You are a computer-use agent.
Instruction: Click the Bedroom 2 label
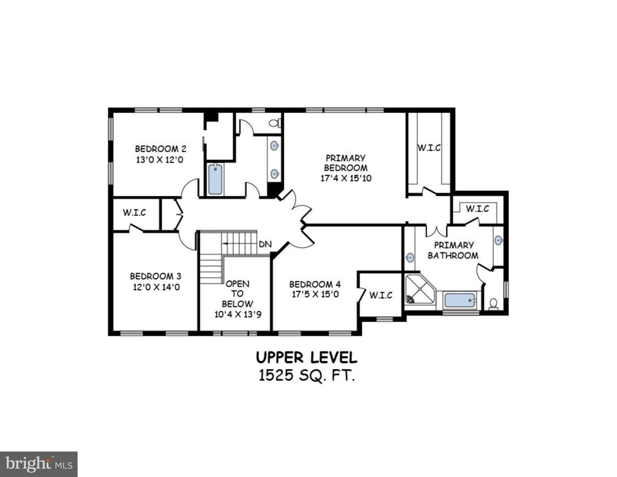point(160,149)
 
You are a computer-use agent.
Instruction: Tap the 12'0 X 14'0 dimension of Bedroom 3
point(156,287)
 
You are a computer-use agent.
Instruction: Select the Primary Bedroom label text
point(345,163)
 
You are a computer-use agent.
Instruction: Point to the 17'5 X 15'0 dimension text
point(315,295)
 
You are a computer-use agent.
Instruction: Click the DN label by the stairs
point(265,244)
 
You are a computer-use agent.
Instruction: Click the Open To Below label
point(237,294)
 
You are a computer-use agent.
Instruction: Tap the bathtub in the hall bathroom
point(215,180)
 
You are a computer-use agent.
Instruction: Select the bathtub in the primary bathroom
point(460,300)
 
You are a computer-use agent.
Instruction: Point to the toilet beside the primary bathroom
point(493,303)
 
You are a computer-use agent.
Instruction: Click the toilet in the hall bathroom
point(274,123)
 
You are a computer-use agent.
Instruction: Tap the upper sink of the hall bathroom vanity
point(274,146)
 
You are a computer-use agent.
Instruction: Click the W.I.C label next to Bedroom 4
point(380,295)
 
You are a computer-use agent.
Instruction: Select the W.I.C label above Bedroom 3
point(134,213)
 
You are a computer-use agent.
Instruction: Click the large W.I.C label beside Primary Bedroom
point(429,148)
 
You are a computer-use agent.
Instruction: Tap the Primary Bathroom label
point(453,250)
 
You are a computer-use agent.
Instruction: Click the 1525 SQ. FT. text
point(306,375)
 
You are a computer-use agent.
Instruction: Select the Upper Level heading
point(306,357)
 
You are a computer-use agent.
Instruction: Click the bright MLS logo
point(39,464)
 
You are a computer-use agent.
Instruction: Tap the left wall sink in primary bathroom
point(410,258)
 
